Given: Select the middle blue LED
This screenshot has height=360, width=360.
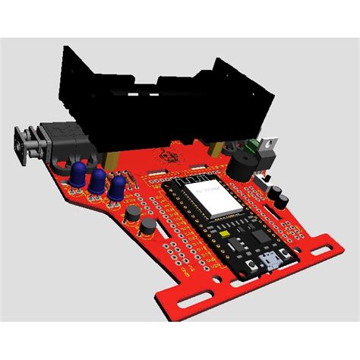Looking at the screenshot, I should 97,181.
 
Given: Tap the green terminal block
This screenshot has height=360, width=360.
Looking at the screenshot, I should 248,145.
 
